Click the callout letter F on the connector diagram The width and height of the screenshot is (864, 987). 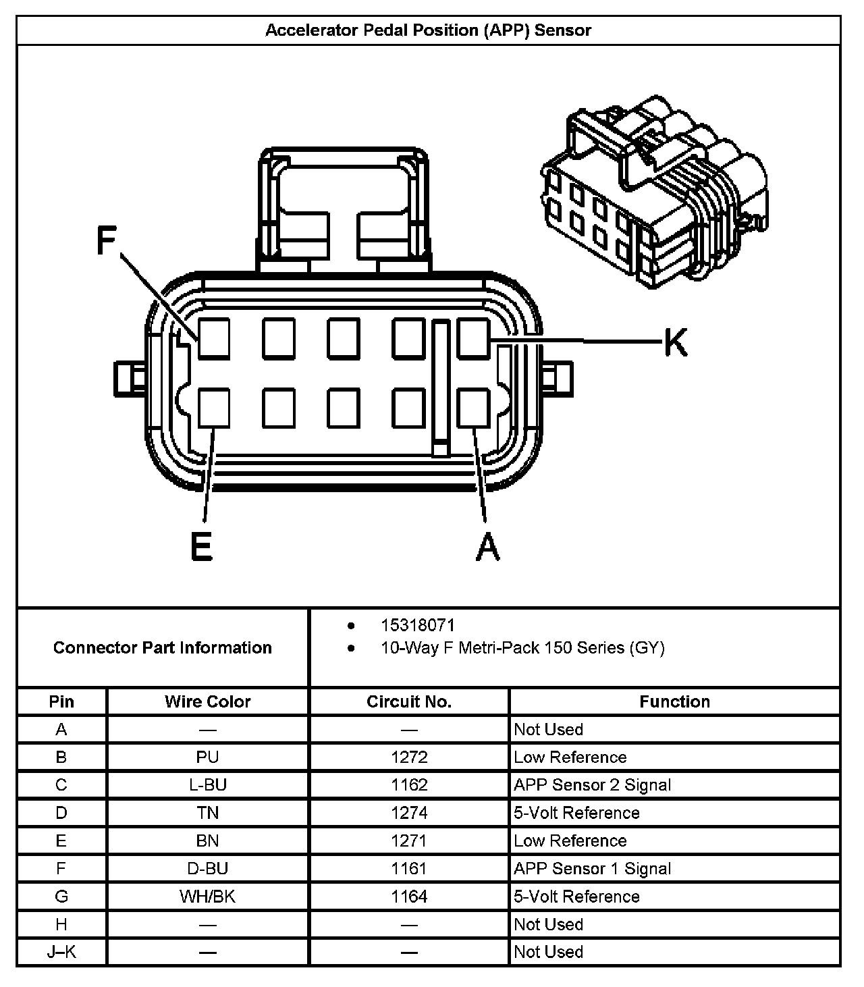[x=106, y=240]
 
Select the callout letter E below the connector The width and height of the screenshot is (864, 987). [x=201, y=546]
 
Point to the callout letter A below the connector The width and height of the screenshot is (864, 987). [x=487, y=546]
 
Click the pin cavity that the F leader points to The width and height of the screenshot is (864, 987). [x=214, y=338]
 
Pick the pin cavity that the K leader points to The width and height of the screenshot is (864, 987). [x=473, y=338]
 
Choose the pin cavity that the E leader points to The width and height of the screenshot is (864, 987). [x=214, y=408]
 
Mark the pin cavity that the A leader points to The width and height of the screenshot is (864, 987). [x=473, y=408]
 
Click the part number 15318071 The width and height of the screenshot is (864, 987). [x=417, y=625]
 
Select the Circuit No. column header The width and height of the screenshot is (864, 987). [x=408, y=701]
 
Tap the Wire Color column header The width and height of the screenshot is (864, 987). [x=207, y=701]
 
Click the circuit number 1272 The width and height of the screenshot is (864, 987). [x=409, y=757]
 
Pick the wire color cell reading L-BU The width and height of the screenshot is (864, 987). [x=207, y=784]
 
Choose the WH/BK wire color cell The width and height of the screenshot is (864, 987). [x=207, y=897]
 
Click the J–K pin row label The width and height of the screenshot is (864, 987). [x=61, y=952]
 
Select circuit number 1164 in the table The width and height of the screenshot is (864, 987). [x=409, y=897]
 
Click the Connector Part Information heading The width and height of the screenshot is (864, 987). [x=163, y=647]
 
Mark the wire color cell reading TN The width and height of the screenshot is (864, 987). [x=207, y=813]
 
